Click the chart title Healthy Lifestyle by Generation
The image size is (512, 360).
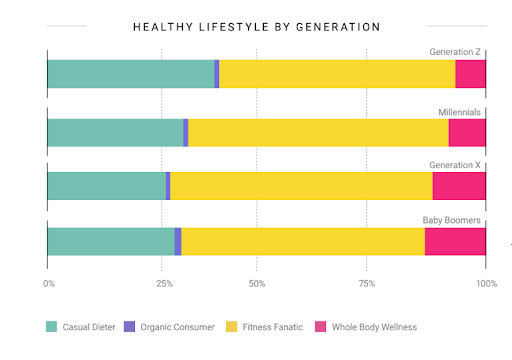click(x=256, y=26)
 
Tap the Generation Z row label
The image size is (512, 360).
click(x=457, y=51)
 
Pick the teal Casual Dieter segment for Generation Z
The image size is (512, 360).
click(x=130, y=74)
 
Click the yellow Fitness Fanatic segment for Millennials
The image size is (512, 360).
click(x=318, y=133)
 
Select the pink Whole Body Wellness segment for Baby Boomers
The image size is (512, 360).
click(x=455, y=241)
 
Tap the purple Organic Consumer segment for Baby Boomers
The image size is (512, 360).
click(x=178, y=241)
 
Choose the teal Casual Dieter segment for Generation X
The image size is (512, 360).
click(x=106, y=186)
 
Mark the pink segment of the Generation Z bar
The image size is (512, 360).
click(x=470, y=74)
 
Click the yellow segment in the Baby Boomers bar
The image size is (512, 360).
click(x=303, y=241)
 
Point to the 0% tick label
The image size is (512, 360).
click(x=49, y=284)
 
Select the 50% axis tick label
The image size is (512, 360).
click(x=257, y=284)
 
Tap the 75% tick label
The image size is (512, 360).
click(x=366, y=284)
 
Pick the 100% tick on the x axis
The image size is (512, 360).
click(x=486, y=284)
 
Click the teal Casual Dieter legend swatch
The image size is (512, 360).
click(x=51, y=326)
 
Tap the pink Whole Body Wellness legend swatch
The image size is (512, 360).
click(x=321, y=326)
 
